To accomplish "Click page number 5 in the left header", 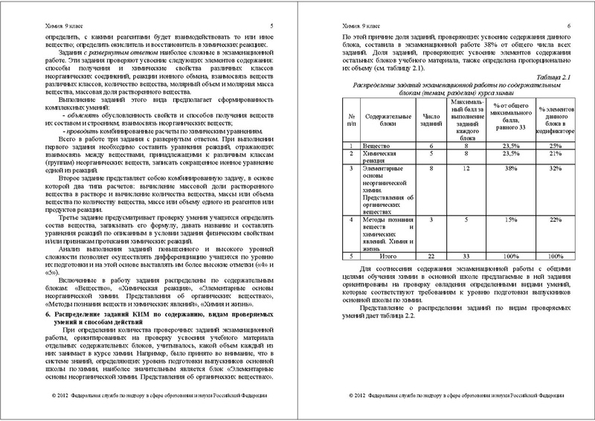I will point(271,25).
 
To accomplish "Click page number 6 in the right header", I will point(568,25).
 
